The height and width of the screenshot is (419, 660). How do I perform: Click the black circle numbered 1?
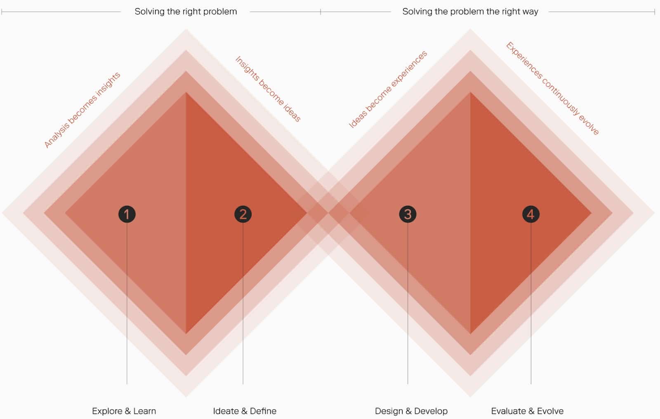pos(127,214)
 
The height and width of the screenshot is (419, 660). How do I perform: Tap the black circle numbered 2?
pos(243,214)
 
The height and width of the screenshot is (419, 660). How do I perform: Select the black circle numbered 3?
pos(408,214)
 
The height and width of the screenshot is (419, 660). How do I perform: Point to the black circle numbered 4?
pos(530,214)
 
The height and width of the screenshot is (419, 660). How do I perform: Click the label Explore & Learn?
pos(124,411)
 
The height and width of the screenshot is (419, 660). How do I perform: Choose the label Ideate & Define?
pos(245,411)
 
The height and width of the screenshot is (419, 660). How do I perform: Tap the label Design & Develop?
pos(411,411)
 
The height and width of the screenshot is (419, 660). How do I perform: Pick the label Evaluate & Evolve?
pos(527,411)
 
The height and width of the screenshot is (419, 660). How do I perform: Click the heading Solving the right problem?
pos(186,12)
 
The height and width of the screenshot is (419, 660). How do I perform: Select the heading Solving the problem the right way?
pos(470,12)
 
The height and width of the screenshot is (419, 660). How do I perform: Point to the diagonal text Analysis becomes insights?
pos(82,110)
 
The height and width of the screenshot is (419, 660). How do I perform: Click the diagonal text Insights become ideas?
pos(268,89)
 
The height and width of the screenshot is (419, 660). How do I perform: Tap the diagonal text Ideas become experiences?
pos(388,89)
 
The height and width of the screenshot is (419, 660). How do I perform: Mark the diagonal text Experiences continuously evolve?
pos(552,88)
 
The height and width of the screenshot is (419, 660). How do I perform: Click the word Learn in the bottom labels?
pos(144,411)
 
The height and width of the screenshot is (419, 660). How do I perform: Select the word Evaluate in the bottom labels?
pos(508,411)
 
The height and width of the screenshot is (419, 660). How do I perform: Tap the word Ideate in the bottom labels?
pos(225,411)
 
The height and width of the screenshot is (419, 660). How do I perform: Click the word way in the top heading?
pos(530,12)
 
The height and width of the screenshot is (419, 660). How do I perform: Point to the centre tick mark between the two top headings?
pos(321,12)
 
